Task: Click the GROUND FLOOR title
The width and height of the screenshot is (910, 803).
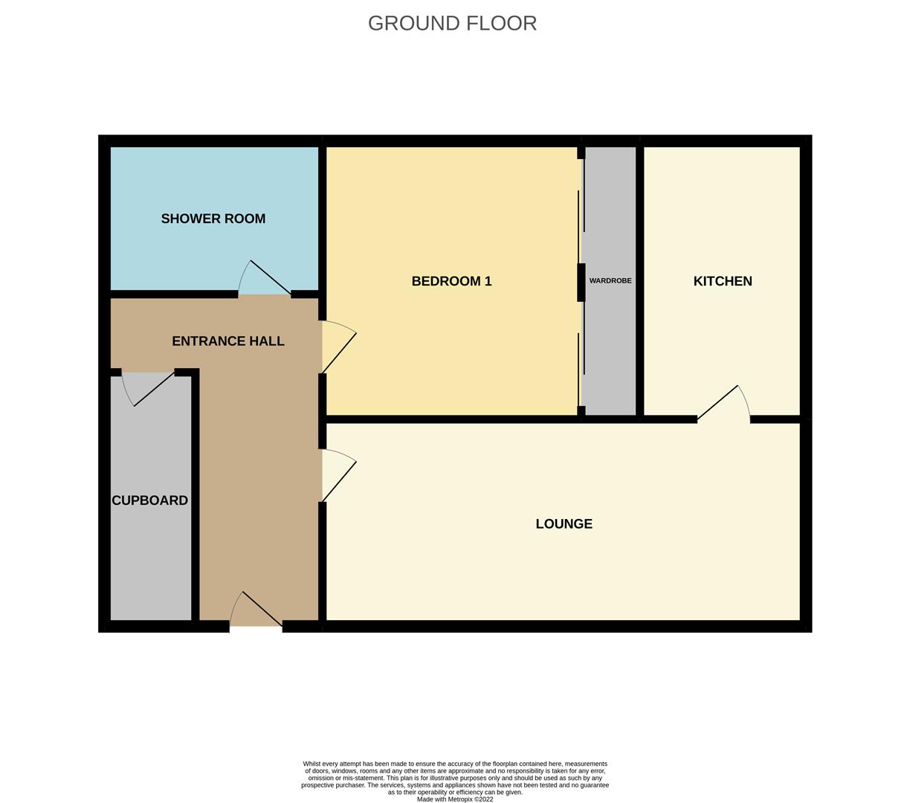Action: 452,23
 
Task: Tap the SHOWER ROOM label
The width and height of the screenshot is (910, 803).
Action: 213,219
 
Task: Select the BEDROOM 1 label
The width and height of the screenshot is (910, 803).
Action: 451,281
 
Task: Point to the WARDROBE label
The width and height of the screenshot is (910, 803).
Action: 610,280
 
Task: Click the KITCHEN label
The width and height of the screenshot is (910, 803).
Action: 722,281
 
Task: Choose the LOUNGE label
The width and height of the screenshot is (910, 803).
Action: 564,523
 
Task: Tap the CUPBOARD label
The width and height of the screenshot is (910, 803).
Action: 149,500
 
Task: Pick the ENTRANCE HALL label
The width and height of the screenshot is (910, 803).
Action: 227,341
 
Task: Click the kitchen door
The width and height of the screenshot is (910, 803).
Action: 723,402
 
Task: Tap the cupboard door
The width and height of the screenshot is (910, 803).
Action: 148,389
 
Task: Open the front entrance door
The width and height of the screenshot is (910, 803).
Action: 256,609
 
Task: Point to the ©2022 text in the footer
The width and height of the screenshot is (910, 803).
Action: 483,799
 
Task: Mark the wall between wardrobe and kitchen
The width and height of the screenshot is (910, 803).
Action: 639,281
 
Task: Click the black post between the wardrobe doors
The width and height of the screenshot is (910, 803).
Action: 581,283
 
